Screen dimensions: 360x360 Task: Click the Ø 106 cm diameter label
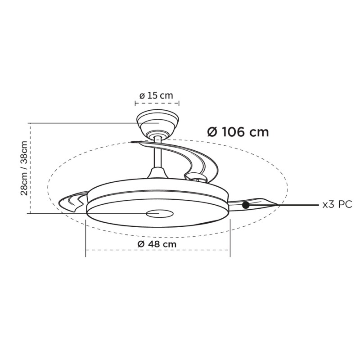point(238,132)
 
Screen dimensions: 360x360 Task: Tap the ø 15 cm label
point(156,95)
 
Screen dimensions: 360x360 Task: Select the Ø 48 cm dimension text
point(157,244)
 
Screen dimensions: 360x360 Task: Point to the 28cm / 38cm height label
point(24,168)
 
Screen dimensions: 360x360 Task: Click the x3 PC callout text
point(337,204)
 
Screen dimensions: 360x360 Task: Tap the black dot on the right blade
point(246,205)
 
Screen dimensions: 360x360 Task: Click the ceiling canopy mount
point(157,125)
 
